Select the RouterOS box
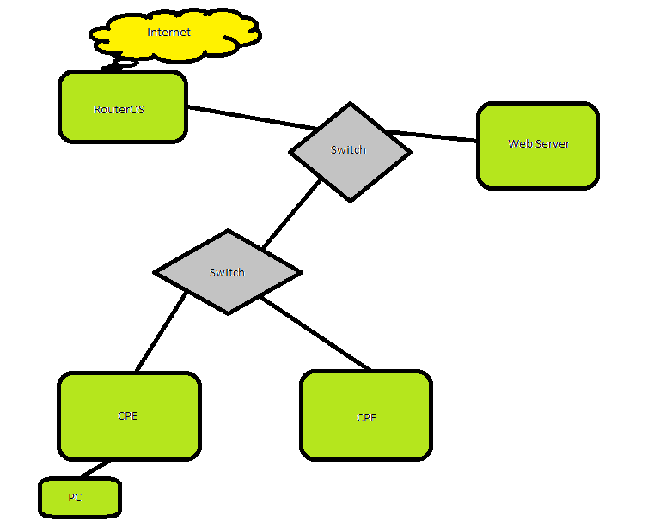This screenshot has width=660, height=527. point(122,107)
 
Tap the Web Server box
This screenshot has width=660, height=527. point(537,145)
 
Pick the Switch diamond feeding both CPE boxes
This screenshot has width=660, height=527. point(227,272)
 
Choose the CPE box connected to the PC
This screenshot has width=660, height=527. point(128,416)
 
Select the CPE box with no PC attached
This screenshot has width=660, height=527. point(366,417)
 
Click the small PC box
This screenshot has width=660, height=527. point(79,498)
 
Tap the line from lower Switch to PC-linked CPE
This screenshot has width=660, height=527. point(162,331)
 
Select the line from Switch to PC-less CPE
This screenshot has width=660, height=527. point(316,336)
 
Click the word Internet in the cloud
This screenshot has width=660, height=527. point(168,33)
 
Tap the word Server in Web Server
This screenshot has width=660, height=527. point(554,143)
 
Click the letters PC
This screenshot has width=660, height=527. point(75,497)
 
